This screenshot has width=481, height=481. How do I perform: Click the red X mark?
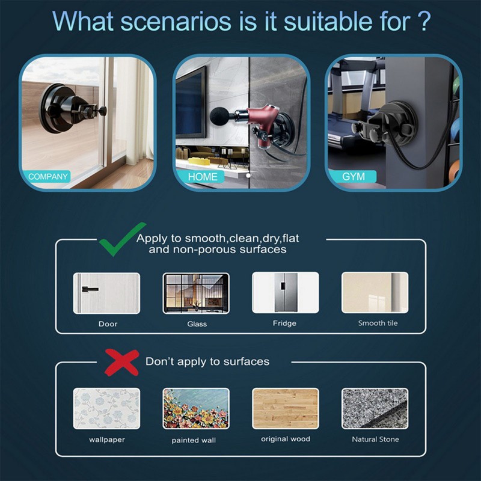pos(122,363)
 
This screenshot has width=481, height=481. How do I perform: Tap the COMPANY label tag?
pos(48,177)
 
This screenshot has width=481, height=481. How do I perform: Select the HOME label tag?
pos(203,177)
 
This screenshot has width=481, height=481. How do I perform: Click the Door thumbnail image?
pos(106,293)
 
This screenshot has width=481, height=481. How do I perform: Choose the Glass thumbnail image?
pos(196,293)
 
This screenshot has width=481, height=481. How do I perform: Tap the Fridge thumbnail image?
pos(285,293)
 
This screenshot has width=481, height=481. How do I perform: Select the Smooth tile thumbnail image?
pos(375,293)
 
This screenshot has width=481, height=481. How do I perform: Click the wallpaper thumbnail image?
pos(106,408)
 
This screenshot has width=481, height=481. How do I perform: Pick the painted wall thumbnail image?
pos(196,408)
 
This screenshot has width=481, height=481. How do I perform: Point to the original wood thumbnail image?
pos(285,408)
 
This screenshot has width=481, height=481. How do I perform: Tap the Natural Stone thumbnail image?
pos(375,408)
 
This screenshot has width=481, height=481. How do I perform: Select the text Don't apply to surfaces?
pos(207,362)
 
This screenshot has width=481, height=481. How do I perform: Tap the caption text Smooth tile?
pos(378,323)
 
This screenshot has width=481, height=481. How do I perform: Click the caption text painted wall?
pos(194,440)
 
